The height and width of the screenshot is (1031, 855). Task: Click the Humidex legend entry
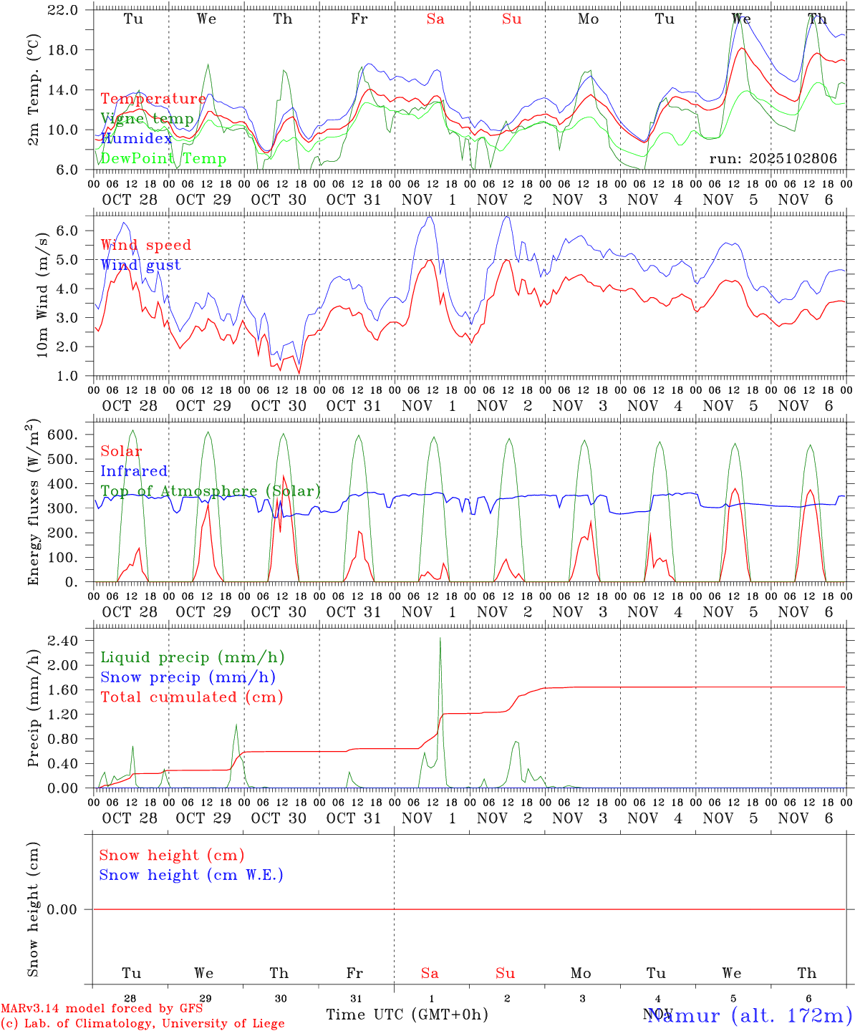coord(136,138)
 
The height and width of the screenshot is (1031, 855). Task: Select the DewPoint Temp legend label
coord(163,158)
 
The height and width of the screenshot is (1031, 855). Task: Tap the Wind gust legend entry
coord(140,265)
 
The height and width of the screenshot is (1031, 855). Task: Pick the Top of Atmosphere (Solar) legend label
coord(210,491)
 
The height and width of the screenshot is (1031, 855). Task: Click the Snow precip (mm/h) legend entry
coord(188,677)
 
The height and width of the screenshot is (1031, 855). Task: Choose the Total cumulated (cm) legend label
coord(191,697)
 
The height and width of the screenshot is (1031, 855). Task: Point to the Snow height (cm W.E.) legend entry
coord(190,875)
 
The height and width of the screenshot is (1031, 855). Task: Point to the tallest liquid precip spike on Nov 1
coord(440,639)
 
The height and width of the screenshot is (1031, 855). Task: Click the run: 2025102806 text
coord(773,158)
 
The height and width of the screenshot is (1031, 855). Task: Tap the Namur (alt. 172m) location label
coord(749,1015)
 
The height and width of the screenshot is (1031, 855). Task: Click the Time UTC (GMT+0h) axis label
coord(407,1015)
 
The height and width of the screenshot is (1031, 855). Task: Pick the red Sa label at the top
coord(435,19)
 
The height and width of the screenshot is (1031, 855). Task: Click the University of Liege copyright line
coord(142,1023)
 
